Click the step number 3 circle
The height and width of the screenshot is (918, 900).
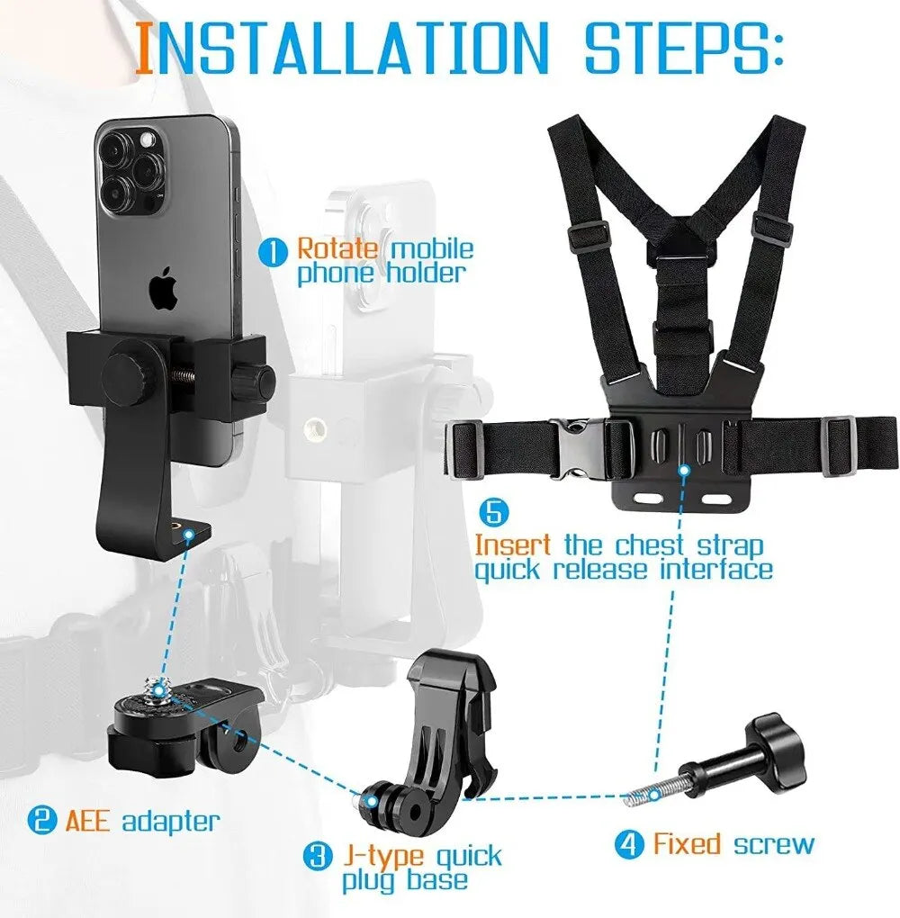point(316,856)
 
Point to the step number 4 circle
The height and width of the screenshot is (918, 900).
point(630,845)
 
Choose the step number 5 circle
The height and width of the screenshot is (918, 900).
point(494,513)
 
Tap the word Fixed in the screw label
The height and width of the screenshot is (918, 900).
point(688,844)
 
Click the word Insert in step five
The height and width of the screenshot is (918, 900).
point(512,545)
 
